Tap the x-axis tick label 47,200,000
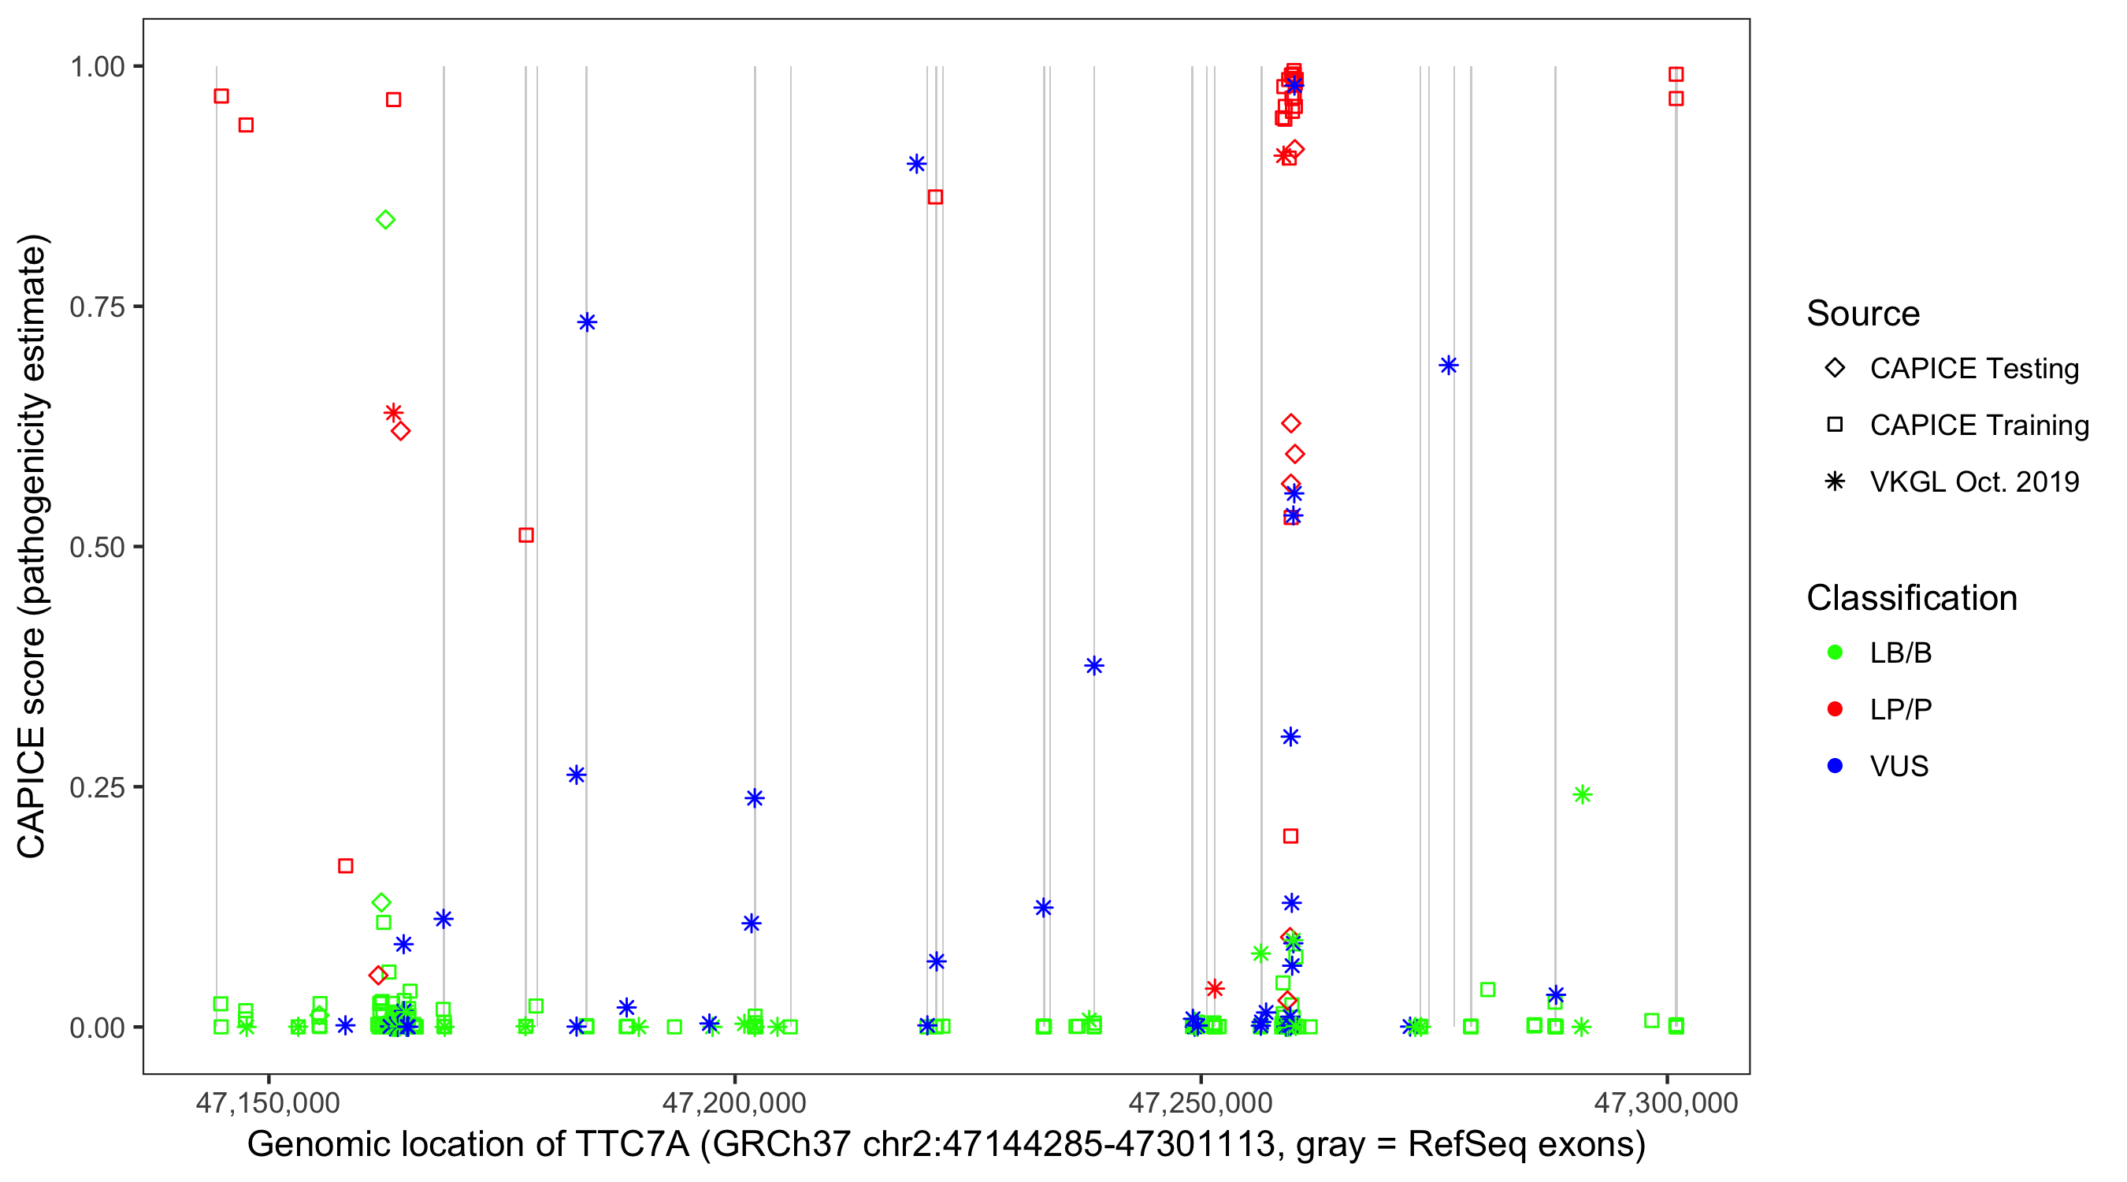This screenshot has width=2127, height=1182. pos(734,1102)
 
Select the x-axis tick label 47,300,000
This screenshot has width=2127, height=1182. pos(1666,1102)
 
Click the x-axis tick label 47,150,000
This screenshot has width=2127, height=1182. pos(268,1102)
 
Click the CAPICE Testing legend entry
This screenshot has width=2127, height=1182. pos(1973,369)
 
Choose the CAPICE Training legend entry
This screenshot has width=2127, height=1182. pos(1978,426)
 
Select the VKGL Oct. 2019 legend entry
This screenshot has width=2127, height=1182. pos(1973,481)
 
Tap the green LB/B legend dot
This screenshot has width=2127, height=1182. pos(1835,652)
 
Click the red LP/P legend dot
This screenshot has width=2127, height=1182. pos(1835,709)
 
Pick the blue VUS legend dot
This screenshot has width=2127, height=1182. pos(1835,766)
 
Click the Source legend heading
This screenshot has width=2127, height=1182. pos(1863,314)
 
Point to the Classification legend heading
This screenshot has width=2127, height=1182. pos(1911,598)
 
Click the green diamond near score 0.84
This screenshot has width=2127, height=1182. pos(385,220)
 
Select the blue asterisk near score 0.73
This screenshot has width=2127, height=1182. pos(587,322)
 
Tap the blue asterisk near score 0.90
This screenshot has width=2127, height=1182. pos(915,164)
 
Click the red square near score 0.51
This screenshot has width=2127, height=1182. pos(526,535)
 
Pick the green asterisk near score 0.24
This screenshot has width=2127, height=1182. pos(1582,794)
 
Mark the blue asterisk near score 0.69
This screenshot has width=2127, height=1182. pos(1448,365)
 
